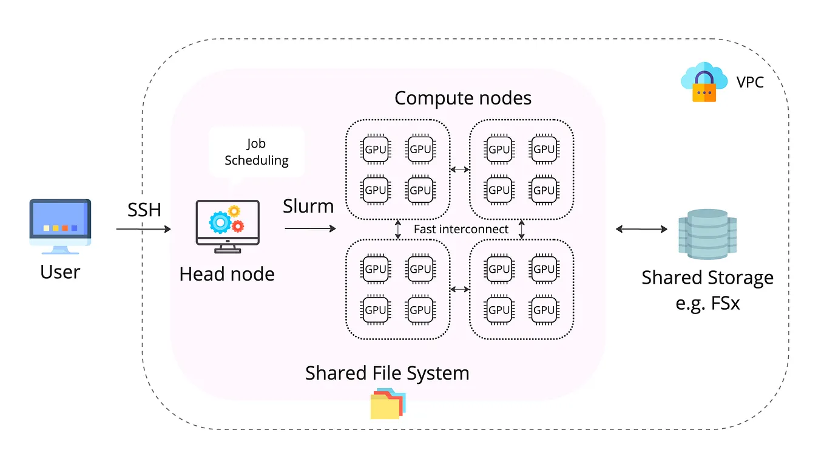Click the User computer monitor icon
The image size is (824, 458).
click(60, 227)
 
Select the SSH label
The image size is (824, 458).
click(144, 210)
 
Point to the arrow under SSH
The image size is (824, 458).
click(143, 230)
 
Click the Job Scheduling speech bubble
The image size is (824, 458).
click(256, 152)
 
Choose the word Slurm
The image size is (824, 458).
click(308, 207)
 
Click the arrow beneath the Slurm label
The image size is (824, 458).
click(310, 228)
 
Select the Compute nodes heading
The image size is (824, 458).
click(462, 98)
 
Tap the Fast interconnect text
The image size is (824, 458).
click(461, 229)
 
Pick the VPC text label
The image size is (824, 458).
click(750, 82)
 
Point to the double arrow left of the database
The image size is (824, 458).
click(641, 229)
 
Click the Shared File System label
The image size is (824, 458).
click(387, 372)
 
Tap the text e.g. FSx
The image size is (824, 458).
click(707, 302)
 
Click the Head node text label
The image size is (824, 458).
click(227, 274)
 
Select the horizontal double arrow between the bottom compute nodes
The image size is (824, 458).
click(460, 289)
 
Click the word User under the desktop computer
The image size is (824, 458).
click(60, 272)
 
